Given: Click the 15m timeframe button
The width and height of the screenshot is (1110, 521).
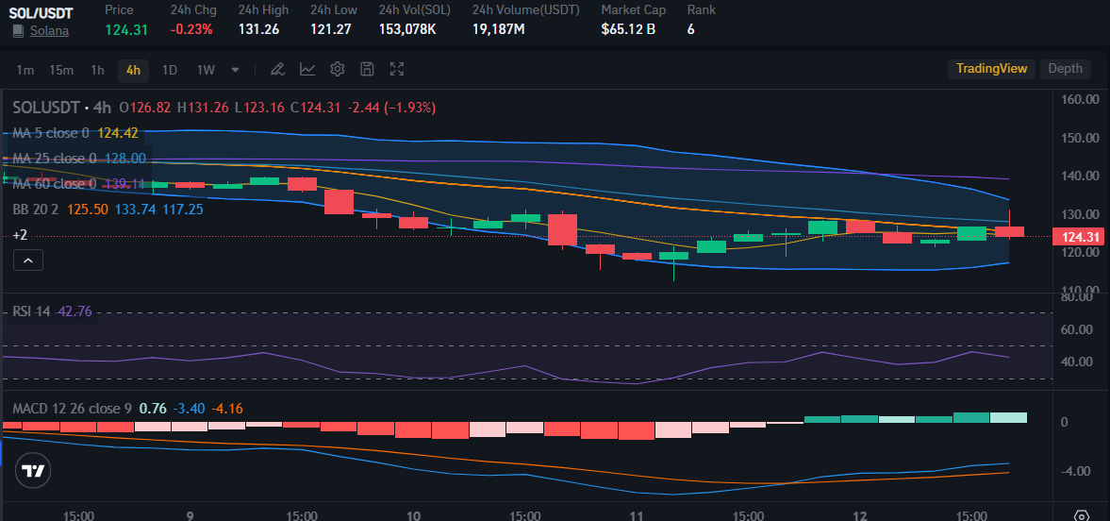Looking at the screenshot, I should point(61,70).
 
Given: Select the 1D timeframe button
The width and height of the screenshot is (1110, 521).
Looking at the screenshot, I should point(170,70).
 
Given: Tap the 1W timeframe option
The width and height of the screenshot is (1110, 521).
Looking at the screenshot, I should point(206,70).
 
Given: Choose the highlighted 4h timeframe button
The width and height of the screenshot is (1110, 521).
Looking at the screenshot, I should point(133,70).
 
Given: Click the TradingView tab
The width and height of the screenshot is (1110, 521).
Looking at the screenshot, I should point(991,69).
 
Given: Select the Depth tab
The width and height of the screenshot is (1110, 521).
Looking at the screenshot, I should point(1066,69).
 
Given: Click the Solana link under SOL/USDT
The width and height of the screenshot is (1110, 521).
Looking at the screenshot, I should point(49,30).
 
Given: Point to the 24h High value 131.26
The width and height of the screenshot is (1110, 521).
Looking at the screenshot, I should point(258,29).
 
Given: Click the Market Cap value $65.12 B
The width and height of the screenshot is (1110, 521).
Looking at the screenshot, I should point(628,29).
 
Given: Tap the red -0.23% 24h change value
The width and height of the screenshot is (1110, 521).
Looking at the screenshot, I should point(191,29).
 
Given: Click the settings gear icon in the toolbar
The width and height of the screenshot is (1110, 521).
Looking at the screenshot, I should point(338,69).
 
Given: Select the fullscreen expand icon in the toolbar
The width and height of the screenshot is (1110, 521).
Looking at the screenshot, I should point(397,69).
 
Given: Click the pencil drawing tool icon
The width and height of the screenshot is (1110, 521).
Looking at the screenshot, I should point(277,69).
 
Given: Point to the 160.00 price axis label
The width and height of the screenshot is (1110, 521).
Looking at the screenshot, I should point(1080,99).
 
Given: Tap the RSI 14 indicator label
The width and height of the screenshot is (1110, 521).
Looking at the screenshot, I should point(31,311).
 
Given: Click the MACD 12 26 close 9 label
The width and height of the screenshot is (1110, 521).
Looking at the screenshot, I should point(72,409).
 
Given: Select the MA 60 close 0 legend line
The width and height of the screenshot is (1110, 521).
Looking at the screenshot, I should point(55,184).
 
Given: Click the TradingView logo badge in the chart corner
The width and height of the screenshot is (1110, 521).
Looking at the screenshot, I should point(33,471).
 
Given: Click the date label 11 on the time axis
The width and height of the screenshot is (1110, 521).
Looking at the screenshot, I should point(637,515).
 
